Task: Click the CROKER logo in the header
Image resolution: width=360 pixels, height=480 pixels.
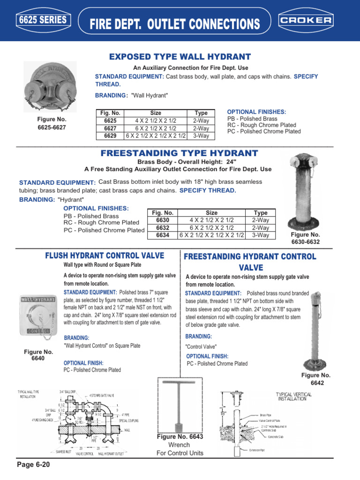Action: coord(306,21)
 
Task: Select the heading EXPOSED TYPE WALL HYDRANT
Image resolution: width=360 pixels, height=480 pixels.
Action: coord(180,57)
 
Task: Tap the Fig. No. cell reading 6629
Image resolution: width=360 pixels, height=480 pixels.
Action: coord(110,136)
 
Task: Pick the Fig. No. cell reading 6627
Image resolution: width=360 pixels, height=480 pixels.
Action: coord(110,128)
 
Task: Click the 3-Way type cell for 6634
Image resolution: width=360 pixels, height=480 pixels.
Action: coord(260,235)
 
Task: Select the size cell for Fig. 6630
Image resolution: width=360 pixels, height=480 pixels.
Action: coord(211,219)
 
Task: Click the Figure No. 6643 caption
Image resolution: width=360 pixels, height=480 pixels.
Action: coord(180,437)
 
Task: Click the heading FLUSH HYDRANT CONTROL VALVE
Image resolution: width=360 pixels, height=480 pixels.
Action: coord(105,255)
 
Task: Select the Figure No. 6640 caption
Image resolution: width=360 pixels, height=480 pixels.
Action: coord(38,355)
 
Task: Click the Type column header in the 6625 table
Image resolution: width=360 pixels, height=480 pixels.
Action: coord(201,113)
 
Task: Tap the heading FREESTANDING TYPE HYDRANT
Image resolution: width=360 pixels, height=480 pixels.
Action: coord(180,153)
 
